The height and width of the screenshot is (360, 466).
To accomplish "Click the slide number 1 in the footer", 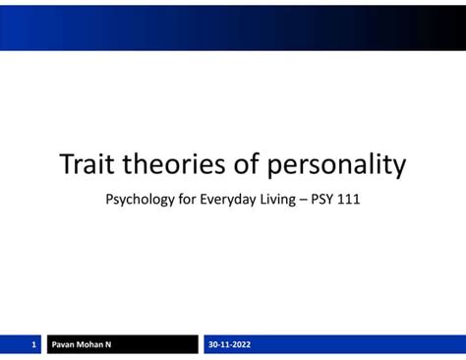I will click(32, 344).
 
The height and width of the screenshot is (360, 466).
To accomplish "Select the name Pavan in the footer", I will click(65, 344).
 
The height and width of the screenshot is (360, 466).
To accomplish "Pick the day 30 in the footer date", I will click(213, 344).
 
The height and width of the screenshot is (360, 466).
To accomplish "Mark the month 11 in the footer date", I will click(227, 344).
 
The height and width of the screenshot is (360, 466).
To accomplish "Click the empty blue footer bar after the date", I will click(364, 344).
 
